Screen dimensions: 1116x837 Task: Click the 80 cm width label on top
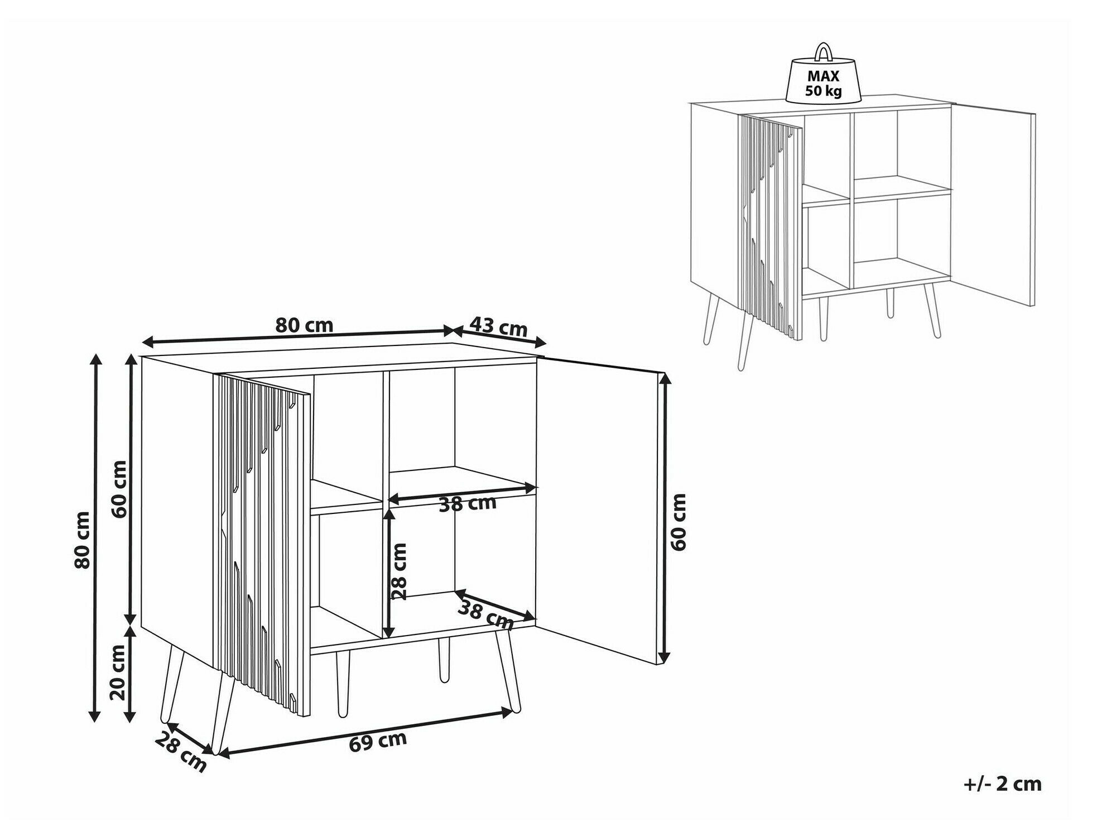[x=304, y=325]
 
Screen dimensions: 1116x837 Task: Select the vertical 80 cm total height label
[x=82, y=540]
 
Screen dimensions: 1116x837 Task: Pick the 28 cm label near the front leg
[x=180, y=752]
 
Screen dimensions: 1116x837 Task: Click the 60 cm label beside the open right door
[x=678, y=522]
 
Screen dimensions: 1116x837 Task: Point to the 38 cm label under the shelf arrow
[x=467, y=504]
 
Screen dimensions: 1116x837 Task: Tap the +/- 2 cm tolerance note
[x=1002, y=784]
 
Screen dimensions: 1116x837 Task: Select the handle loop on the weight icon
[x=823, y=51]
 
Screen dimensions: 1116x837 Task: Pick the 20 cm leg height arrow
[x=130, y=674]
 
